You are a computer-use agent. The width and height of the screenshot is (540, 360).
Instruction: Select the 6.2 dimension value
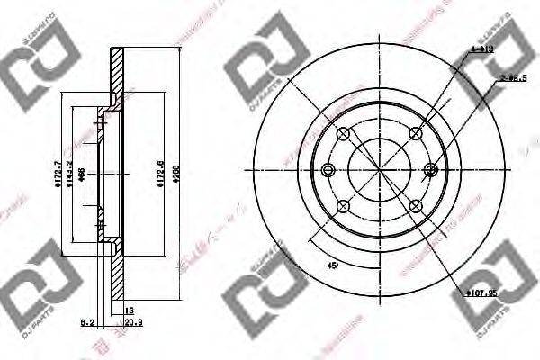pos(86,320)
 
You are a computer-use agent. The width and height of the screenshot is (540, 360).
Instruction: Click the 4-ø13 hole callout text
pos(481,51)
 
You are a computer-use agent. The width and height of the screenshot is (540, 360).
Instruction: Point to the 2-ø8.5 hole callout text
pos(514,80)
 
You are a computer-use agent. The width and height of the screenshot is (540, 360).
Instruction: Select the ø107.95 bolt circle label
pos(482,292)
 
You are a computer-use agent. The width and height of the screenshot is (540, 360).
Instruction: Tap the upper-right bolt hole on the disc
pos(415,134)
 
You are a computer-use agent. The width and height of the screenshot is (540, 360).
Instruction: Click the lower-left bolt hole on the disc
pos(342,207)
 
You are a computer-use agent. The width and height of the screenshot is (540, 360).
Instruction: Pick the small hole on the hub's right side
pos(430,170)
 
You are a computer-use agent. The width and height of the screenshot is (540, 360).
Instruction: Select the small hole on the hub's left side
pos(328,170)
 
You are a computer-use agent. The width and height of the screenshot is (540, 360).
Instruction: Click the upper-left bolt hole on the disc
pos(342,134)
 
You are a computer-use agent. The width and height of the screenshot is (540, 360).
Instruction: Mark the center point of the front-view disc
pos(379,170)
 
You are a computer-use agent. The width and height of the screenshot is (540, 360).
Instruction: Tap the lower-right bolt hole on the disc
pos(415,207)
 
